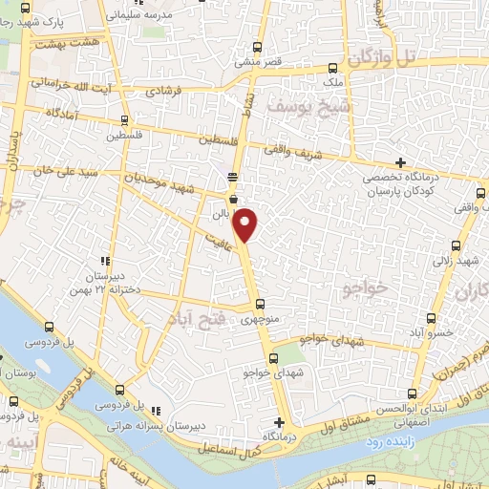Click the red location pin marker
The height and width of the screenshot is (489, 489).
click(246, 223)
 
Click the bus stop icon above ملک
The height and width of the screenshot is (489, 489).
click(332, 68)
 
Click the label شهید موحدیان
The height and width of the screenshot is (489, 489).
click(168, 179)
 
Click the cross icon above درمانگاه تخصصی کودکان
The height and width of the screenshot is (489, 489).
click(401, 162)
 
